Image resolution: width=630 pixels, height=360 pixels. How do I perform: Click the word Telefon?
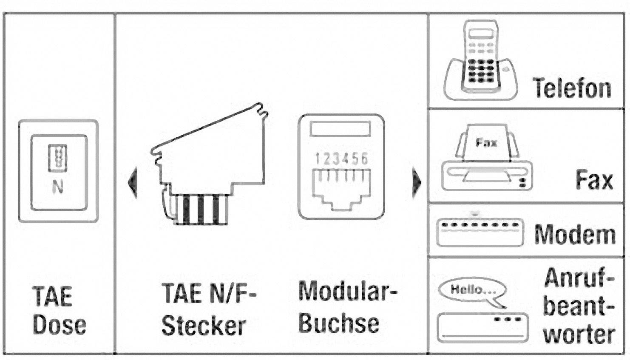click(572, 88)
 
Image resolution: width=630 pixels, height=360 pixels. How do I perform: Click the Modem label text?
click(575, 234)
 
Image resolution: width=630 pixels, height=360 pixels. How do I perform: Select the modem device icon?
click(480, 232)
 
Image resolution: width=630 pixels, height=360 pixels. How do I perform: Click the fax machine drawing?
click(487, 159)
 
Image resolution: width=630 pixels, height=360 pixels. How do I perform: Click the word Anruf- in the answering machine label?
click(579, 278)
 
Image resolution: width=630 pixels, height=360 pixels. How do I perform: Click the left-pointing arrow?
click(133, 182)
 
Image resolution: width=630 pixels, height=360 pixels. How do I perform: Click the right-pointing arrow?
click(417, 182)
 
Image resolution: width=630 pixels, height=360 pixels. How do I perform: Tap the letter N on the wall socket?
click(58, 187)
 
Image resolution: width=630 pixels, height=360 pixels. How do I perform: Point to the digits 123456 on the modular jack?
click(341, 159)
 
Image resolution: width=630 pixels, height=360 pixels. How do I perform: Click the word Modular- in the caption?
click(347, 292)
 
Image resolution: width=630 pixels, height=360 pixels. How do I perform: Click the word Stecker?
click(204, 326)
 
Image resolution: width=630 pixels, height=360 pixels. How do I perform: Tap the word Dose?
click(60, 325)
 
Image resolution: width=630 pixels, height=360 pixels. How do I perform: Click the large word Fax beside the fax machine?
click(594, 180)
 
